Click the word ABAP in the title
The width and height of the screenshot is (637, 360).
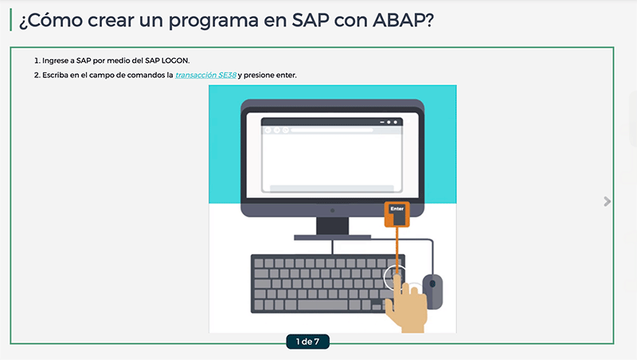(x=403, y=20)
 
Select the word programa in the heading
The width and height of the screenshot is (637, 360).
(x=213, y=22)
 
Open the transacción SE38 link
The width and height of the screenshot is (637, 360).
(x=205, y=75)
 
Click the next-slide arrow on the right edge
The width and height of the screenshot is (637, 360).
(x=607, y=202)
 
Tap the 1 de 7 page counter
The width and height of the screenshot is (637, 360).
(x=307, y=342)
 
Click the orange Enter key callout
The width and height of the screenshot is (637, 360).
(x=397, y=214)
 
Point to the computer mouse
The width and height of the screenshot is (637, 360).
(x=432, y=291)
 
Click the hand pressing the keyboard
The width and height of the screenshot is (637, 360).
(x=406, y=307)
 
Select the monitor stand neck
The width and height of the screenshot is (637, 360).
(x=332, y=226)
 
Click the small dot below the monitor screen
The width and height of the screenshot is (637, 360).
(x=332, y=210)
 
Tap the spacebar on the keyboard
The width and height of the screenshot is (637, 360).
(x=322, y=305)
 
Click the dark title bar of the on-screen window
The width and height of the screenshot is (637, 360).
(x=332, y=122)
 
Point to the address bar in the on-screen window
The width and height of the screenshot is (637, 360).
(x=332, y=130)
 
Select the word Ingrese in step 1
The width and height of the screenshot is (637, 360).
(x=55, y=61)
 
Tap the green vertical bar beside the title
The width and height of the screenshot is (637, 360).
(x=11, y=20)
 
